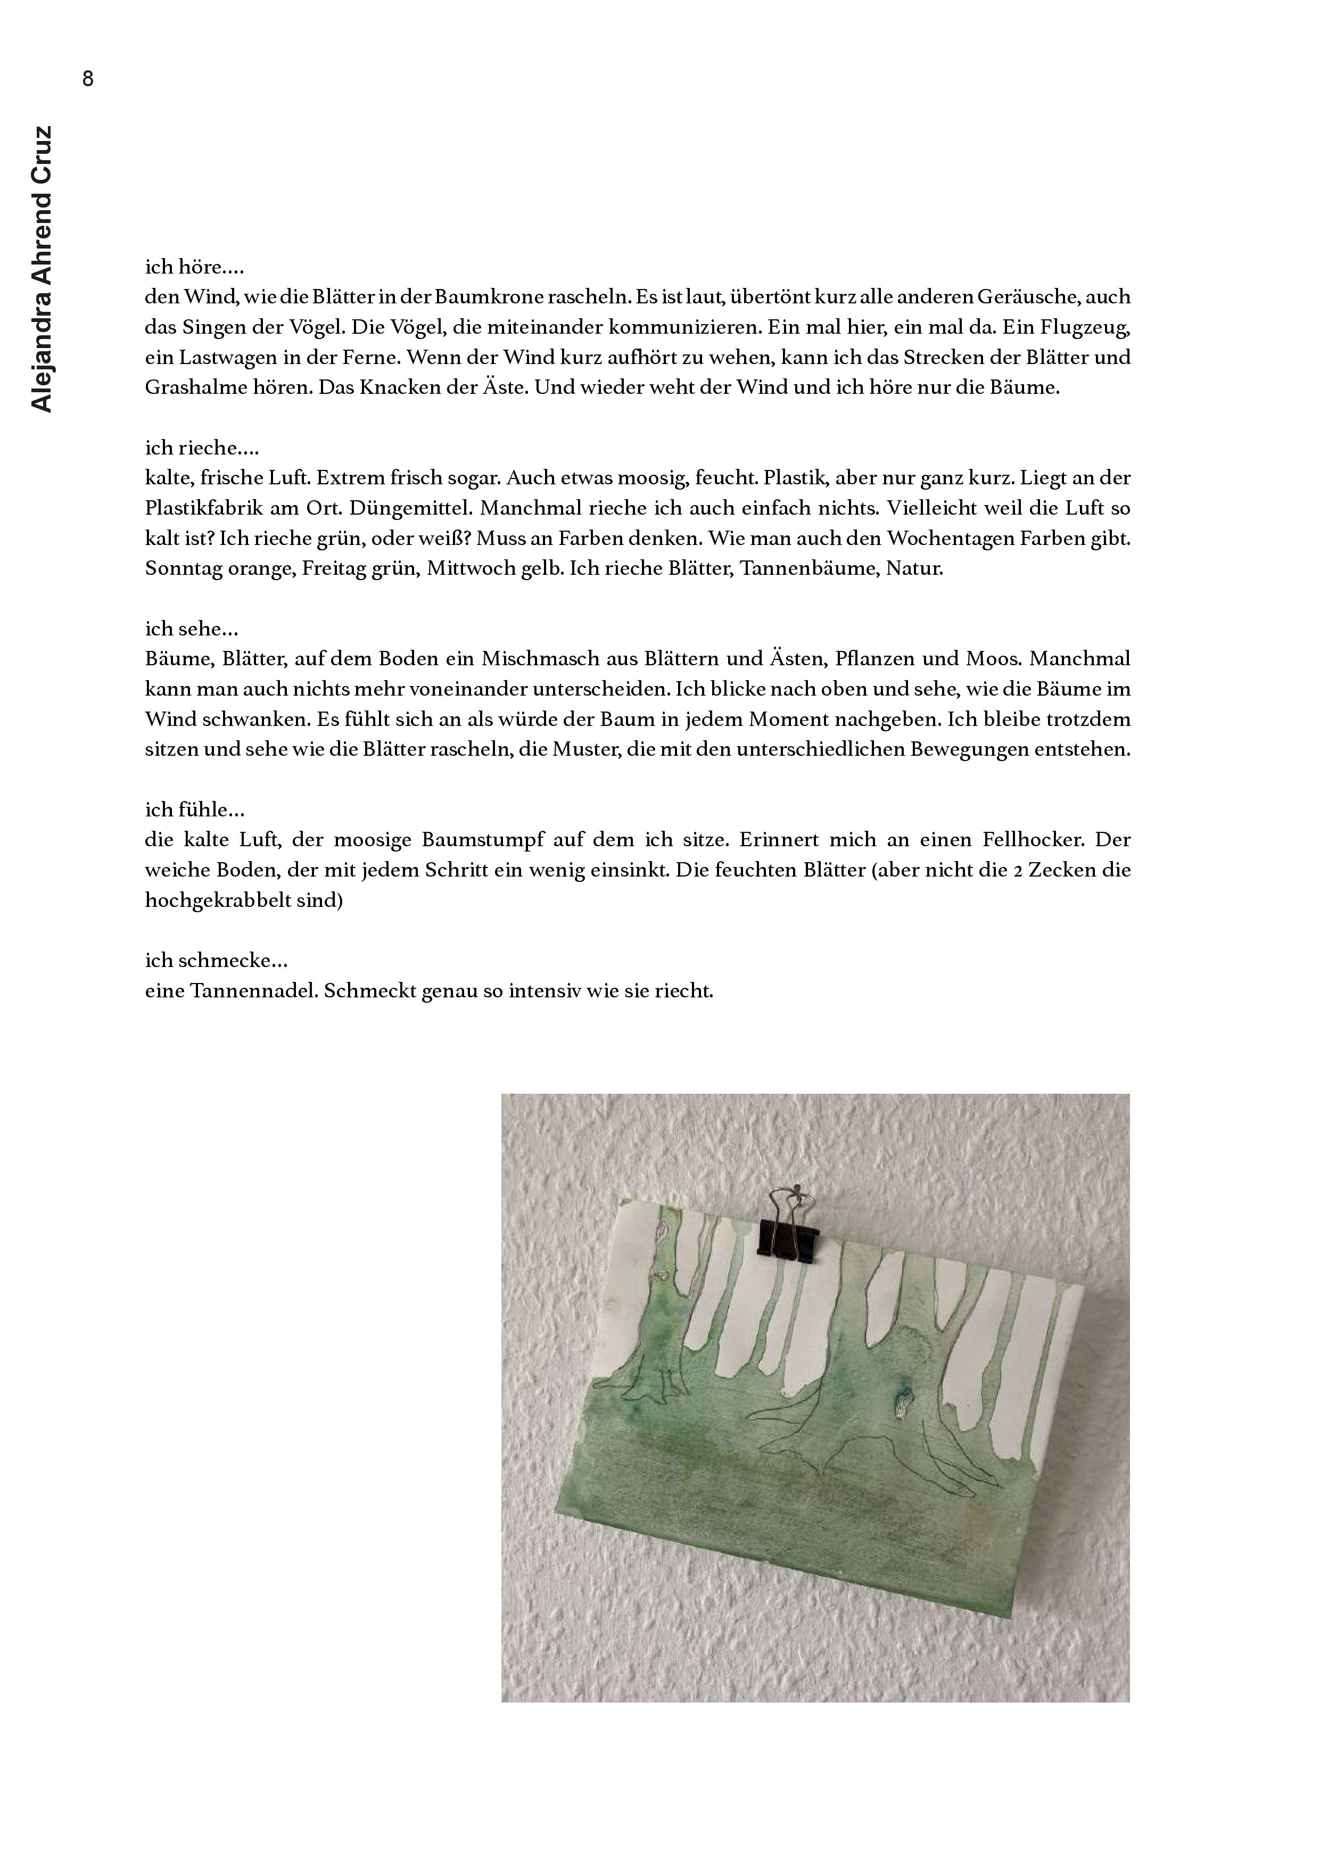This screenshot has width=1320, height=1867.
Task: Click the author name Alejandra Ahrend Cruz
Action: (x=40, y=268)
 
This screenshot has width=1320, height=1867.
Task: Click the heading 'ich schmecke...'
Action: (x=216, y=960)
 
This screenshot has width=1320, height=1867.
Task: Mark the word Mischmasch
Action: (x=537, y=659)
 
